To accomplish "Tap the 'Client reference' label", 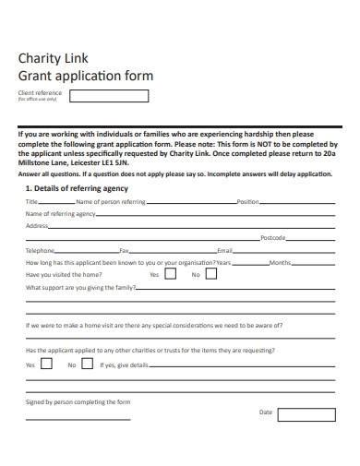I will click(39, 93).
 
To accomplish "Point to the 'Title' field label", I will click(31, 201).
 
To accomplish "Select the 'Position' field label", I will click(247, 201).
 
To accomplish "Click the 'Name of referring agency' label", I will click(60, 213).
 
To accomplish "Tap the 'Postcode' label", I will click(273, 237).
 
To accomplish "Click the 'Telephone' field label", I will click(41, 250).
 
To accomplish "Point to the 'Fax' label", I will click(125, 250).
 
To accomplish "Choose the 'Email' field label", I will click(224, 250).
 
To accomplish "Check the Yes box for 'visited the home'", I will click(171, 274).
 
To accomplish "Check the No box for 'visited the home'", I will click(211, 274).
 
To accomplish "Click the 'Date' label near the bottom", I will click(266, 412).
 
